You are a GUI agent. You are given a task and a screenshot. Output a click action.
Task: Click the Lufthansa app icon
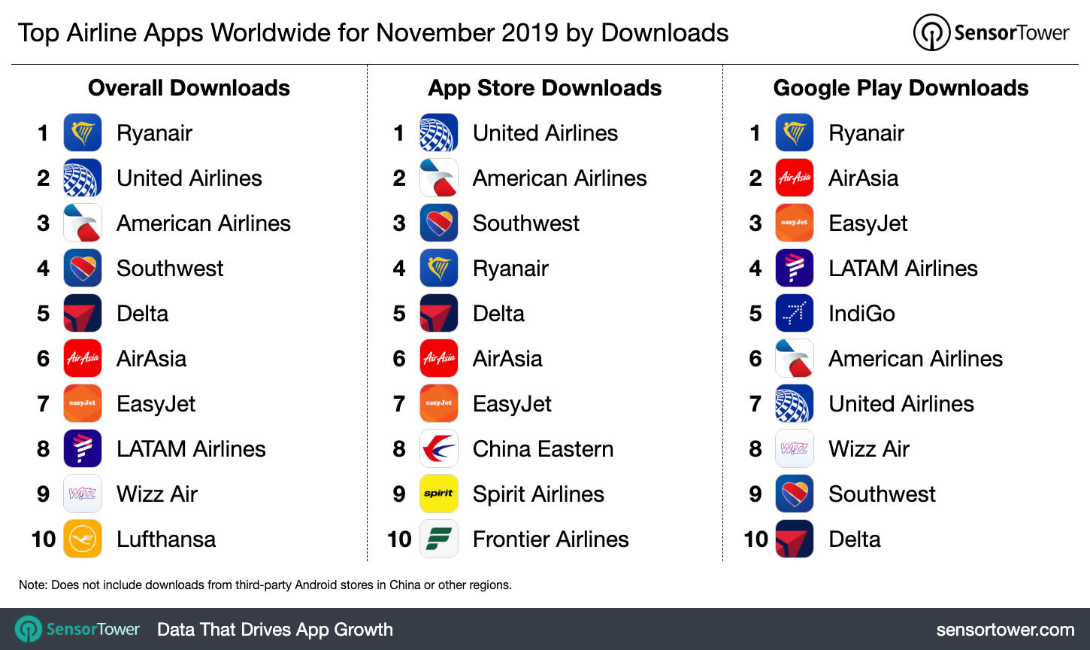point(83,539)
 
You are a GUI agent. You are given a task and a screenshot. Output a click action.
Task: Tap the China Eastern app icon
point(439,448)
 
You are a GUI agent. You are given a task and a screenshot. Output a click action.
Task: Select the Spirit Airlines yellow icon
point(439,494)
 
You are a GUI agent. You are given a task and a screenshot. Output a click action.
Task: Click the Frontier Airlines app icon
point(439,539)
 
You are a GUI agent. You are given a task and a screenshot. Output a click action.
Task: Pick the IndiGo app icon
point(795,313)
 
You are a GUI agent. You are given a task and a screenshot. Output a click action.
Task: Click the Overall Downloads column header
point(189,88)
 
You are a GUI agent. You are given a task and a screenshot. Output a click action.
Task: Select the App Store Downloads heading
point(544,88)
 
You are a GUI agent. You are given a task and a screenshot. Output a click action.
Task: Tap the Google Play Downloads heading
point(901,88)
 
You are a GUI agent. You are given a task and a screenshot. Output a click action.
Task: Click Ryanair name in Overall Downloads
point(154,133)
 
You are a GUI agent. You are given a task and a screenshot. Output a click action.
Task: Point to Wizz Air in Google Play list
point(869,449)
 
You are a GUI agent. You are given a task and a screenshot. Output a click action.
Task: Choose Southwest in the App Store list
point(525,223)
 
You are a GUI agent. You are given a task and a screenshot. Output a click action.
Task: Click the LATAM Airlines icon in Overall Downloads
point(83,448)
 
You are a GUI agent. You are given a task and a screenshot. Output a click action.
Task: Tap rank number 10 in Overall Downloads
point(44,539)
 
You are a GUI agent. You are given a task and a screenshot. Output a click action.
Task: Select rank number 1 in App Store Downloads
point(399,133)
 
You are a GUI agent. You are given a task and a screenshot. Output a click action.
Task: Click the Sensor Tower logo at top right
point(991,32)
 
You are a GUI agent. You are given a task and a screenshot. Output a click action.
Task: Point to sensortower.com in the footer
point(1005,630)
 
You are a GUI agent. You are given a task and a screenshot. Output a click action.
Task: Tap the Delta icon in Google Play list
point(795,539)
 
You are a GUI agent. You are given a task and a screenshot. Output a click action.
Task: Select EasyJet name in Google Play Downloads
point(867,223)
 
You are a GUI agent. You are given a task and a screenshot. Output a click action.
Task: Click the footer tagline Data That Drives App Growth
point(274,630)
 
